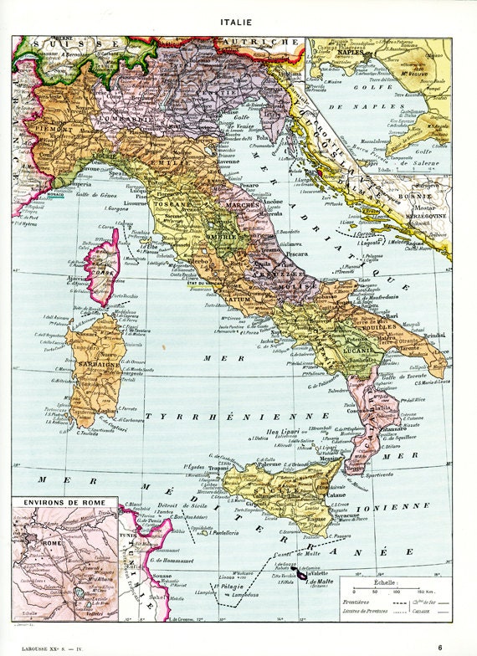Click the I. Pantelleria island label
(228, 533)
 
